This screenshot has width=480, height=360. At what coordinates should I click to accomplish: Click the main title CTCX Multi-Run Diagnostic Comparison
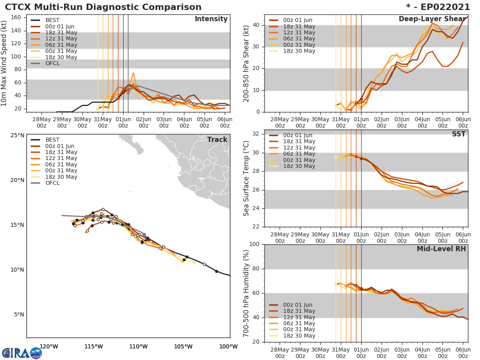tap(103, 7)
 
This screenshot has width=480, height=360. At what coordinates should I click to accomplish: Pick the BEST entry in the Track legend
tap(52, 140)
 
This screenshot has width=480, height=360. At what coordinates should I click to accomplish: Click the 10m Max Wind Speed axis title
tap(4, 64)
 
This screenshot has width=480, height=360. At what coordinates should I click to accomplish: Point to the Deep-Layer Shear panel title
tap(432, 19)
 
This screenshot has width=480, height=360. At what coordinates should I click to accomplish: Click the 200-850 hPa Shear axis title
tap(246, 64)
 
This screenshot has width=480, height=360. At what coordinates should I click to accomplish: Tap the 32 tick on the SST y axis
tap(256, 134)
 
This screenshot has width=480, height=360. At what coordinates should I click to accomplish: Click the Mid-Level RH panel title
tap(441, 249)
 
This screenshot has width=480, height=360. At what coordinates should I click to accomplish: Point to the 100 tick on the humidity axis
tap(254, 244)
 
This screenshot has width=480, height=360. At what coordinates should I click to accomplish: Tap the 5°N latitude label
tap(18, 314)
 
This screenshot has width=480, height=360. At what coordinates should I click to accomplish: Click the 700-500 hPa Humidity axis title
tap(246, 293)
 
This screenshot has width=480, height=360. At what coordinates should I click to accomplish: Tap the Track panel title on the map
tap(217, 140)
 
